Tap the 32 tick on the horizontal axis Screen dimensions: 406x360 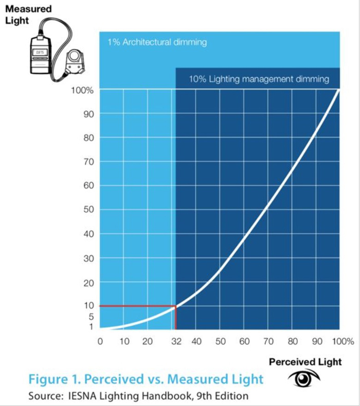(x=176, y=341)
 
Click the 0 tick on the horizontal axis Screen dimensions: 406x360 (x=100, y=341)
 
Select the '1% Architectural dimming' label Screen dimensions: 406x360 (x=157, y=42)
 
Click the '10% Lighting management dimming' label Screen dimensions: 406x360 (x=259, y=79)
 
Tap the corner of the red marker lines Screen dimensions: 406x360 (x=176, y=306)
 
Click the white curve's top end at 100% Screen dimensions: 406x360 (x=339, y=91)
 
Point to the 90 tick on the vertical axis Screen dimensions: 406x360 (x=88, y=114)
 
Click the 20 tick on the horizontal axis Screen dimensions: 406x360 (x=148, y=341)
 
